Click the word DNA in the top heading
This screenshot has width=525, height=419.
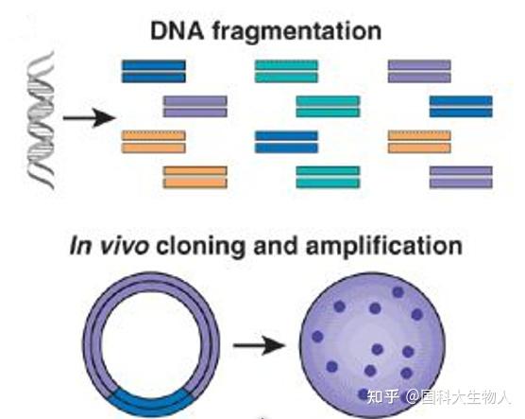click(178, 31)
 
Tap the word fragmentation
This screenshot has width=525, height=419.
click(297, 31)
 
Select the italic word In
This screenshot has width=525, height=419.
click(80, 246)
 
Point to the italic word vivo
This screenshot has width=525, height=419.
click(124, 246)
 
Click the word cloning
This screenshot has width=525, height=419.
click(201, 248)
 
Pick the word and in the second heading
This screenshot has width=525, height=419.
click(275, 246)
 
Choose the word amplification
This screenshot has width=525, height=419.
click(384, 248)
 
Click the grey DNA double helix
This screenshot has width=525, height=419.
click(41, 120)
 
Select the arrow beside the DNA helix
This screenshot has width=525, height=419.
click(90, 117)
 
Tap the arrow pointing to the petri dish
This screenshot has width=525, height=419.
click(260, 345)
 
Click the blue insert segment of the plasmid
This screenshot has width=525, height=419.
click(151, 402)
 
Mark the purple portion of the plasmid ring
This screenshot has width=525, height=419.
click(151, 281)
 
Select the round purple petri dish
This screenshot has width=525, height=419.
click(372, 345)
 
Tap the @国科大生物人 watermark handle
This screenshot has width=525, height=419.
click(458, 396)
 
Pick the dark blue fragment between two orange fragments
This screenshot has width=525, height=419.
click(287, 142)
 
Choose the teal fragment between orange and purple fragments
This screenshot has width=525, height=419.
click(329, 177)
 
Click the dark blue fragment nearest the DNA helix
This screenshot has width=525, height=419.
click(154, 71)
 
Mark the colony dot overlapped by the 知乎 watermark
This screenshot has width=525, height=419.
click(364, 394)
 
